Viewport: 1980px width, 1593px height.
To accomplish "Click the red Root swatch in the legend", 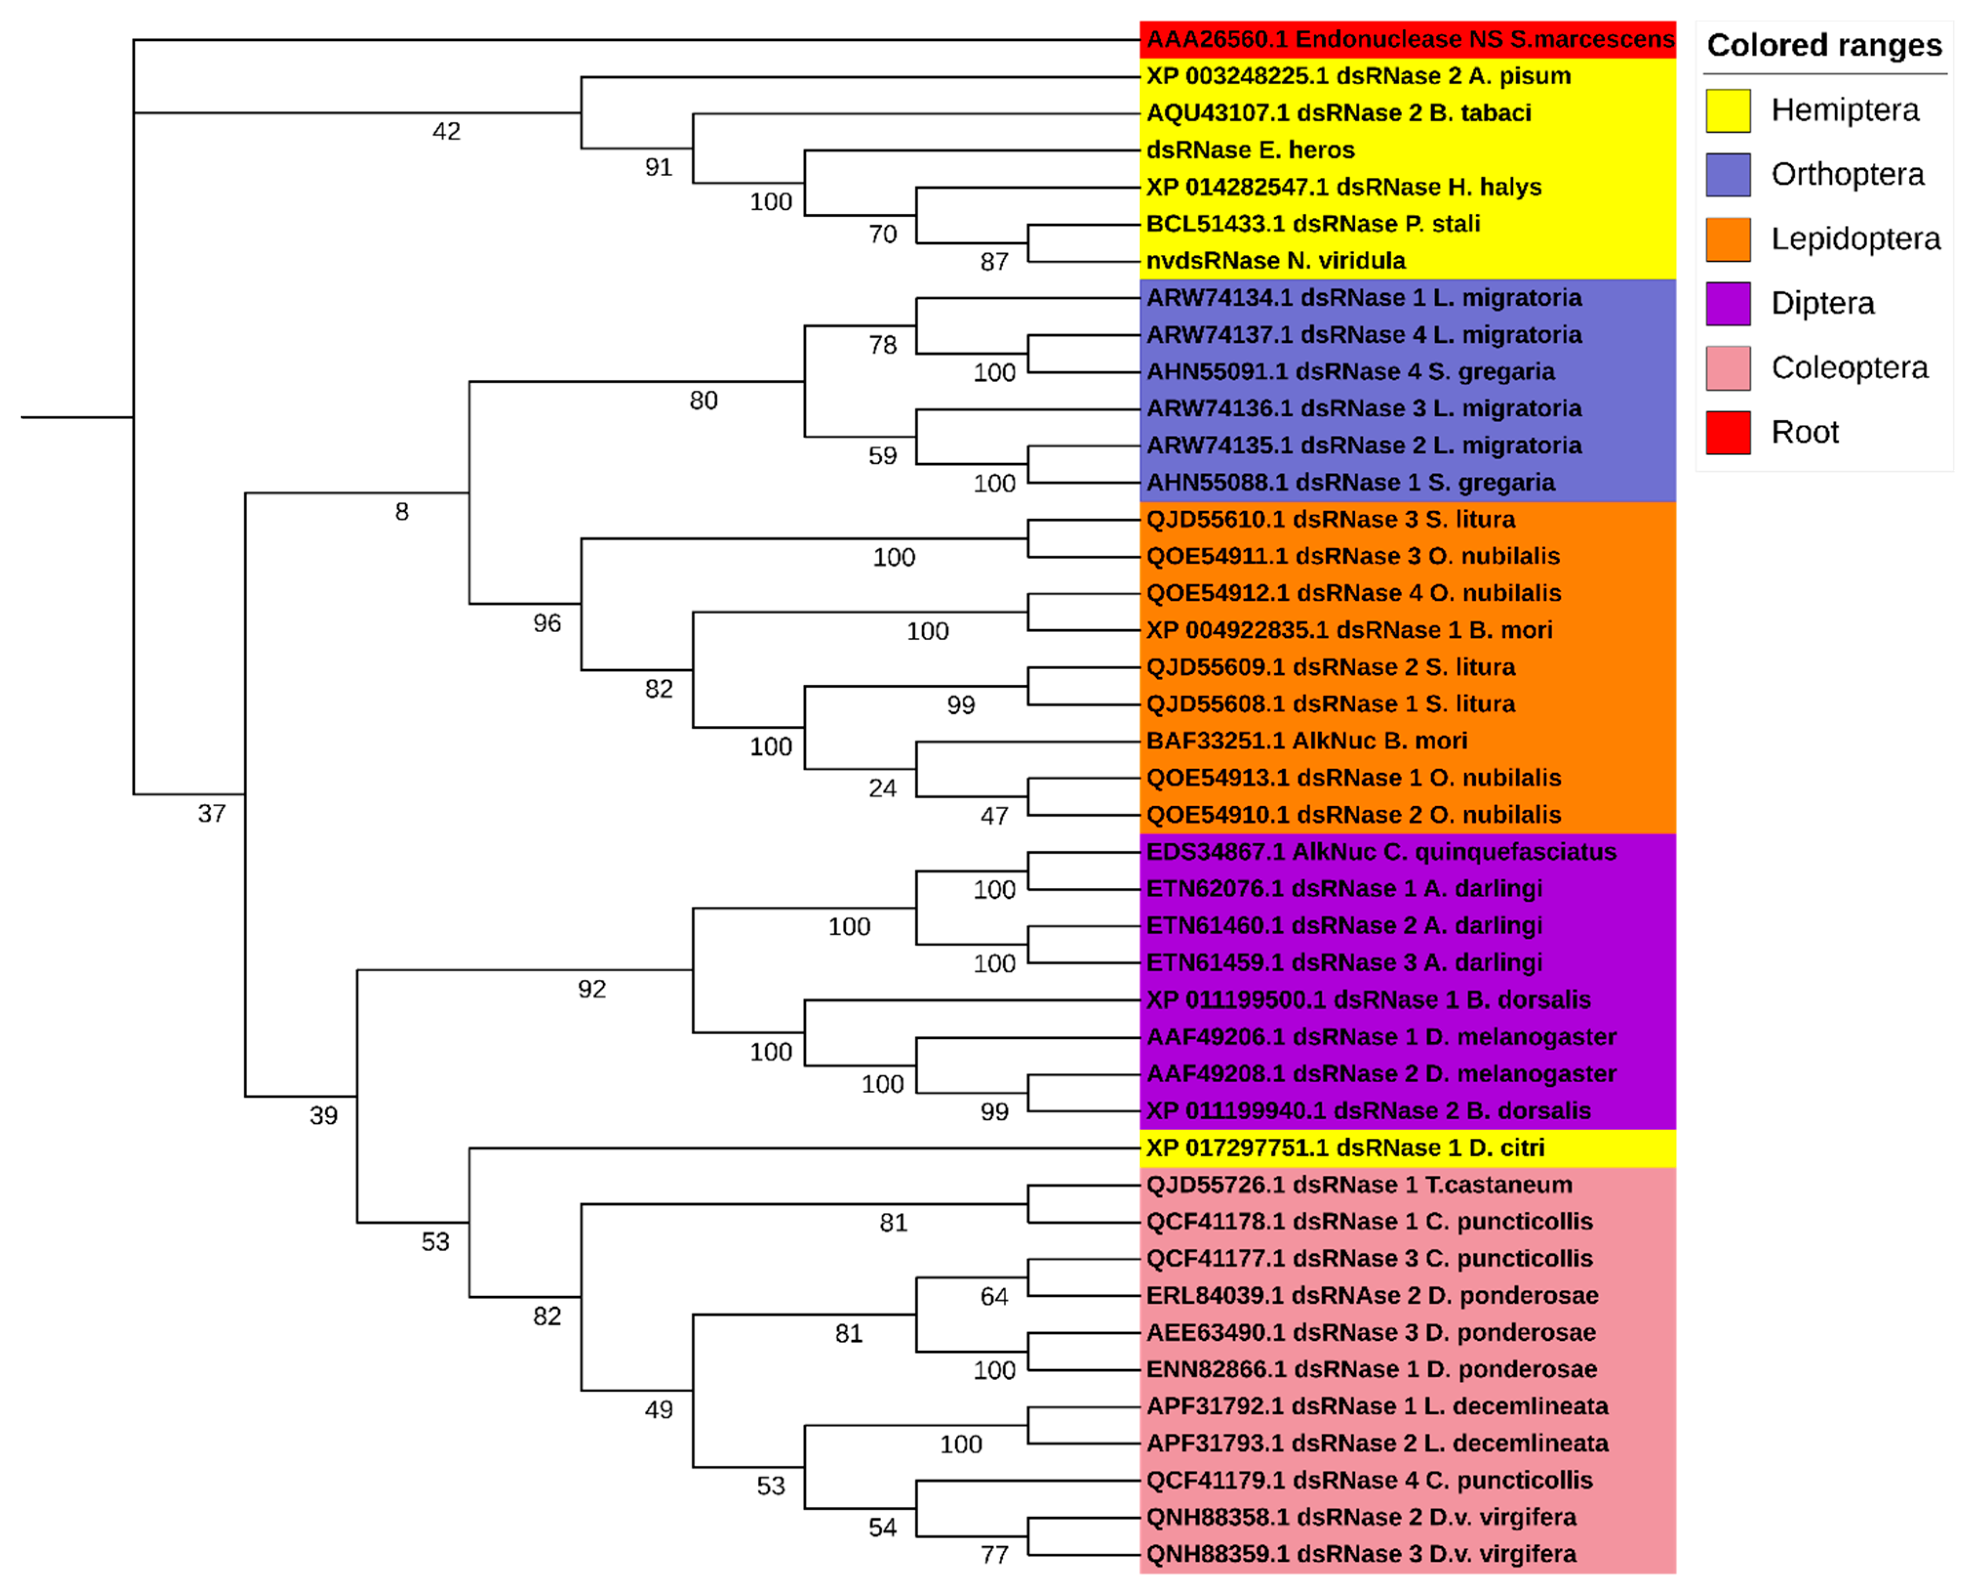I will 1727,432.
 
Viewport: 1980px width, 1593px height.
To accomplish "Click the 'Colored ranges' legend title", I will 1824,45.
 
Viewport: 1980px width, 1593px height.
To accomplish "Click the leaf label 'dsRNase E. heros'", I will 1250,150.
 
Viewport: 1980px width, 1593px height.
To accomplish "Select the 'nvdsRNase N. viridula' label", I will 1276,261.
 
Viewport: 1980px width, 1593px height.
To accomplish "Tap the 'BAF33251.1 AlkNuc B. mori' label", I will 1306,741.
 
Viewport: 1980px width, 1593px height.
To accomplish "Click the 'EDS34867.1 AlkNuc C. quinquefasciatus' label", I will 1381,852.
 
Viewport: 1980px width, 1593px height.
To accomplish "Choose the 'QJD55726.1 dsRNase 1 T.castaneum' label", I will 1359,1185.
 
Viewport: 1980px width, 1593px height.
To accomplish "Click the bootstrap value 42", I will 446,131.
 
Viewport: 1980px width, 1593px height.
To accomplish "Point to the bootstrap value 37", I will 211,814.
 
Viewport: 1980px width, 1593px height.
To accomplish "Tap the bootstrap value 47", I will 994,816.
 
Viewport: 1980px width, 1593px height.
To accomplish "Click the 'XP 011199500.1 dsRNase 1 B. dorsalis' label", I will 1368,1000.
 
